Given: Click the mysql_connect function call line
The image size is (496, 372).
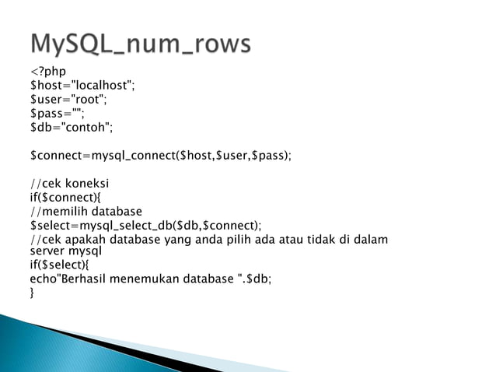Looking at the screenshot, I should [x=160, y=155].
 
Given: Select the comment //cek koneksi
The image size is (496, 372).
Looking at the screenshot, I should [x=69, y=184].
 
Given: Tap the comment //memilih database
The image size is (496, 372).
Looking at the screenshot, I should [x=86, y=211].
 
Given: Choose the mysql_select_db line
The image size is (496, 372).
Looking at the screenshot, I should [x=145, y=225].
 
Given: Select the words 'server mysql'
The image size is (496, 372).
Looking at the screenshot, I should [x=66, y=251].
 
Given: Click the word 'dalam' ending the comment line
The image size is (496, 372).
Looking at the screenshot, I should [x=370, y=240].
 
